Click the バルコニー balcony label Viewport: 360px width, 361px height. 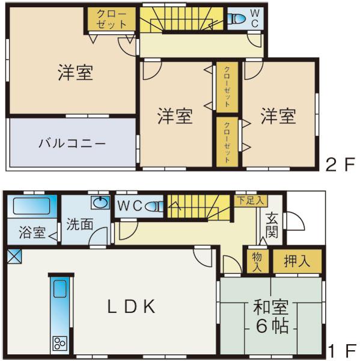72,144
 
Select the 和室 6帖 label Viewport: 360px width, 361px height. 270,317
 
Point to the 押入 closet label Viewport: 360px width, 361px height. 297,261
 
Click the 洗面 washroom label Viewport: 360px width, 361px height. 79,224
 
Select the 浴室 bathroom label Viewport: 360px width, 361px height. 28,232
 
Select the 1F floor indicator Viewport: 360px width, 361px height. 340,350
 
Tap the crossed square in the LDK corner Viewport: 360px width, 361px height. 14,257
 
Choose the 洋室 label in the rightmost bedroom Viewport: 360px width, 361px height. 278,116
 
